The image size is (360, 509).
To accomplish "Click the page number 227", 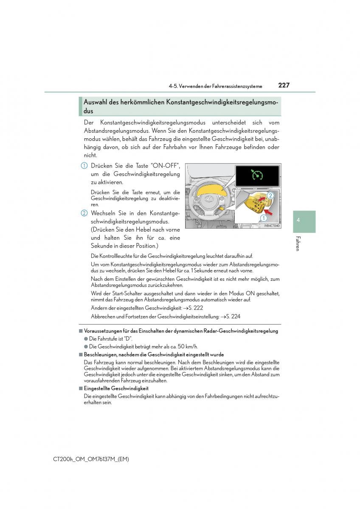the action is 284,85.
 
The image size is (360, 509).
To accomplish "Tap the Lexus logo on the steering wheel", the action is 208,199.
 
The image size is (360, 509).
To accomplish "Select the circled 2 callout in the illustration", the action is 270,196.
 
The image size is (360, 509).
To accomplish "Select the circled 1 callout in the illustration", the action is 264,218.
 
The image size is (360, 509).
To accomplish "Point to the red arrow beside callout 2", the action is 262,199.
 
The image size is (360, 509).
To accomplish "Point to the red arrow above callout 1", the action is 269,212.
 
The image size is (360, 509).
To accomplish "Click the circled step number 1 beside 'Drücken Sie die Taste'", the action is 84,166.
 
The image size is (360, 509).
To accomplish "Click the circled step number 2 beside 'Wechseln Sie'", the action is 84,213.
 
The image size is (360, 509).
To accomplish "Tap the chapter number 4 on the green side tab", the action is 298,220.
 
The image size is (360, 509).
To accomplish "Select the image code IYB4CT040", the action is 272,226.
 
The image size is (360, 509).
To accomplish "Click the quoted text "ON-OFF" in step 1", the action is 165,165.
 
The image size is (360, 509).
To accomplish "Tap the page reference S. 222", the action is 196,308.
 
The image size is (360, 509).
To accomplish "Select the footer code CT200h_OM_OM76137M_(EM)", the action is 91,459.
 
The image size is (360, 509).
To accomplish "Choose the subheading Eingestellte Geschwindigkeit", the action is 116,389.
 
